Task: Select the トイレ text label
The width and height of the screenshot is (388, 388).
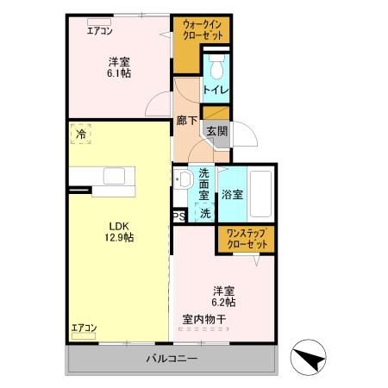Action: (x=216, y=90)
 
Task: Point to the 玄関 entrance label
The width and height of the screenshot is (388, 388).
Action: (x=216, y=131)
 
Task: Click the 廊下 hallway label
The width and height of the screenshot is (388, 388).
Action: (x=186, y=121)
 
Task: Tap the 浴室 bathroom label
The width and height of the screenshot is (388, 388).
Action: (x=232, y=194)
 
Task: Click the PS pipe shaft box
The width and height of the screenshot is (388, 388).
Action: (x=178, y=217)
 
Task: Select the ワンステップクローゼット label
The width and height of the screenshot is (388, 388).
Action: (x=246, y=239)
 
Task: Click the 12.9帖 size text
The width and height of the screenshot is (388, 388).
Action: (x=118, y=236)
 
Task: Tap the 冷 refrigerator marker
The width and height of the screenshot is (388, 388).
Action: (x=81, y=135)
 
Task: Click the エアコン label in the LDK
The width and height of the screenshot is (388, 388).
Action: (x=84, y=328)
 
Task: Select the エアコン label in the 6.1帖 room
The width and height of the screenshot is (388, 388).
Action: (x=99, y=31)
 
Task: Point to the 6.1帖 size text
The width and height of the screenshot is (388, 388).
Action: (x=120, y=74)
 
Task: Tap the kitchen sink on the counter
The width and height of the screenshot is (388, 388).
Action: (x=116, y=175)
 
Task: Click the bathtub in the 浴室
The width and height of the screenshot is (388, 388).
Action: (x=262, y=194)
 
